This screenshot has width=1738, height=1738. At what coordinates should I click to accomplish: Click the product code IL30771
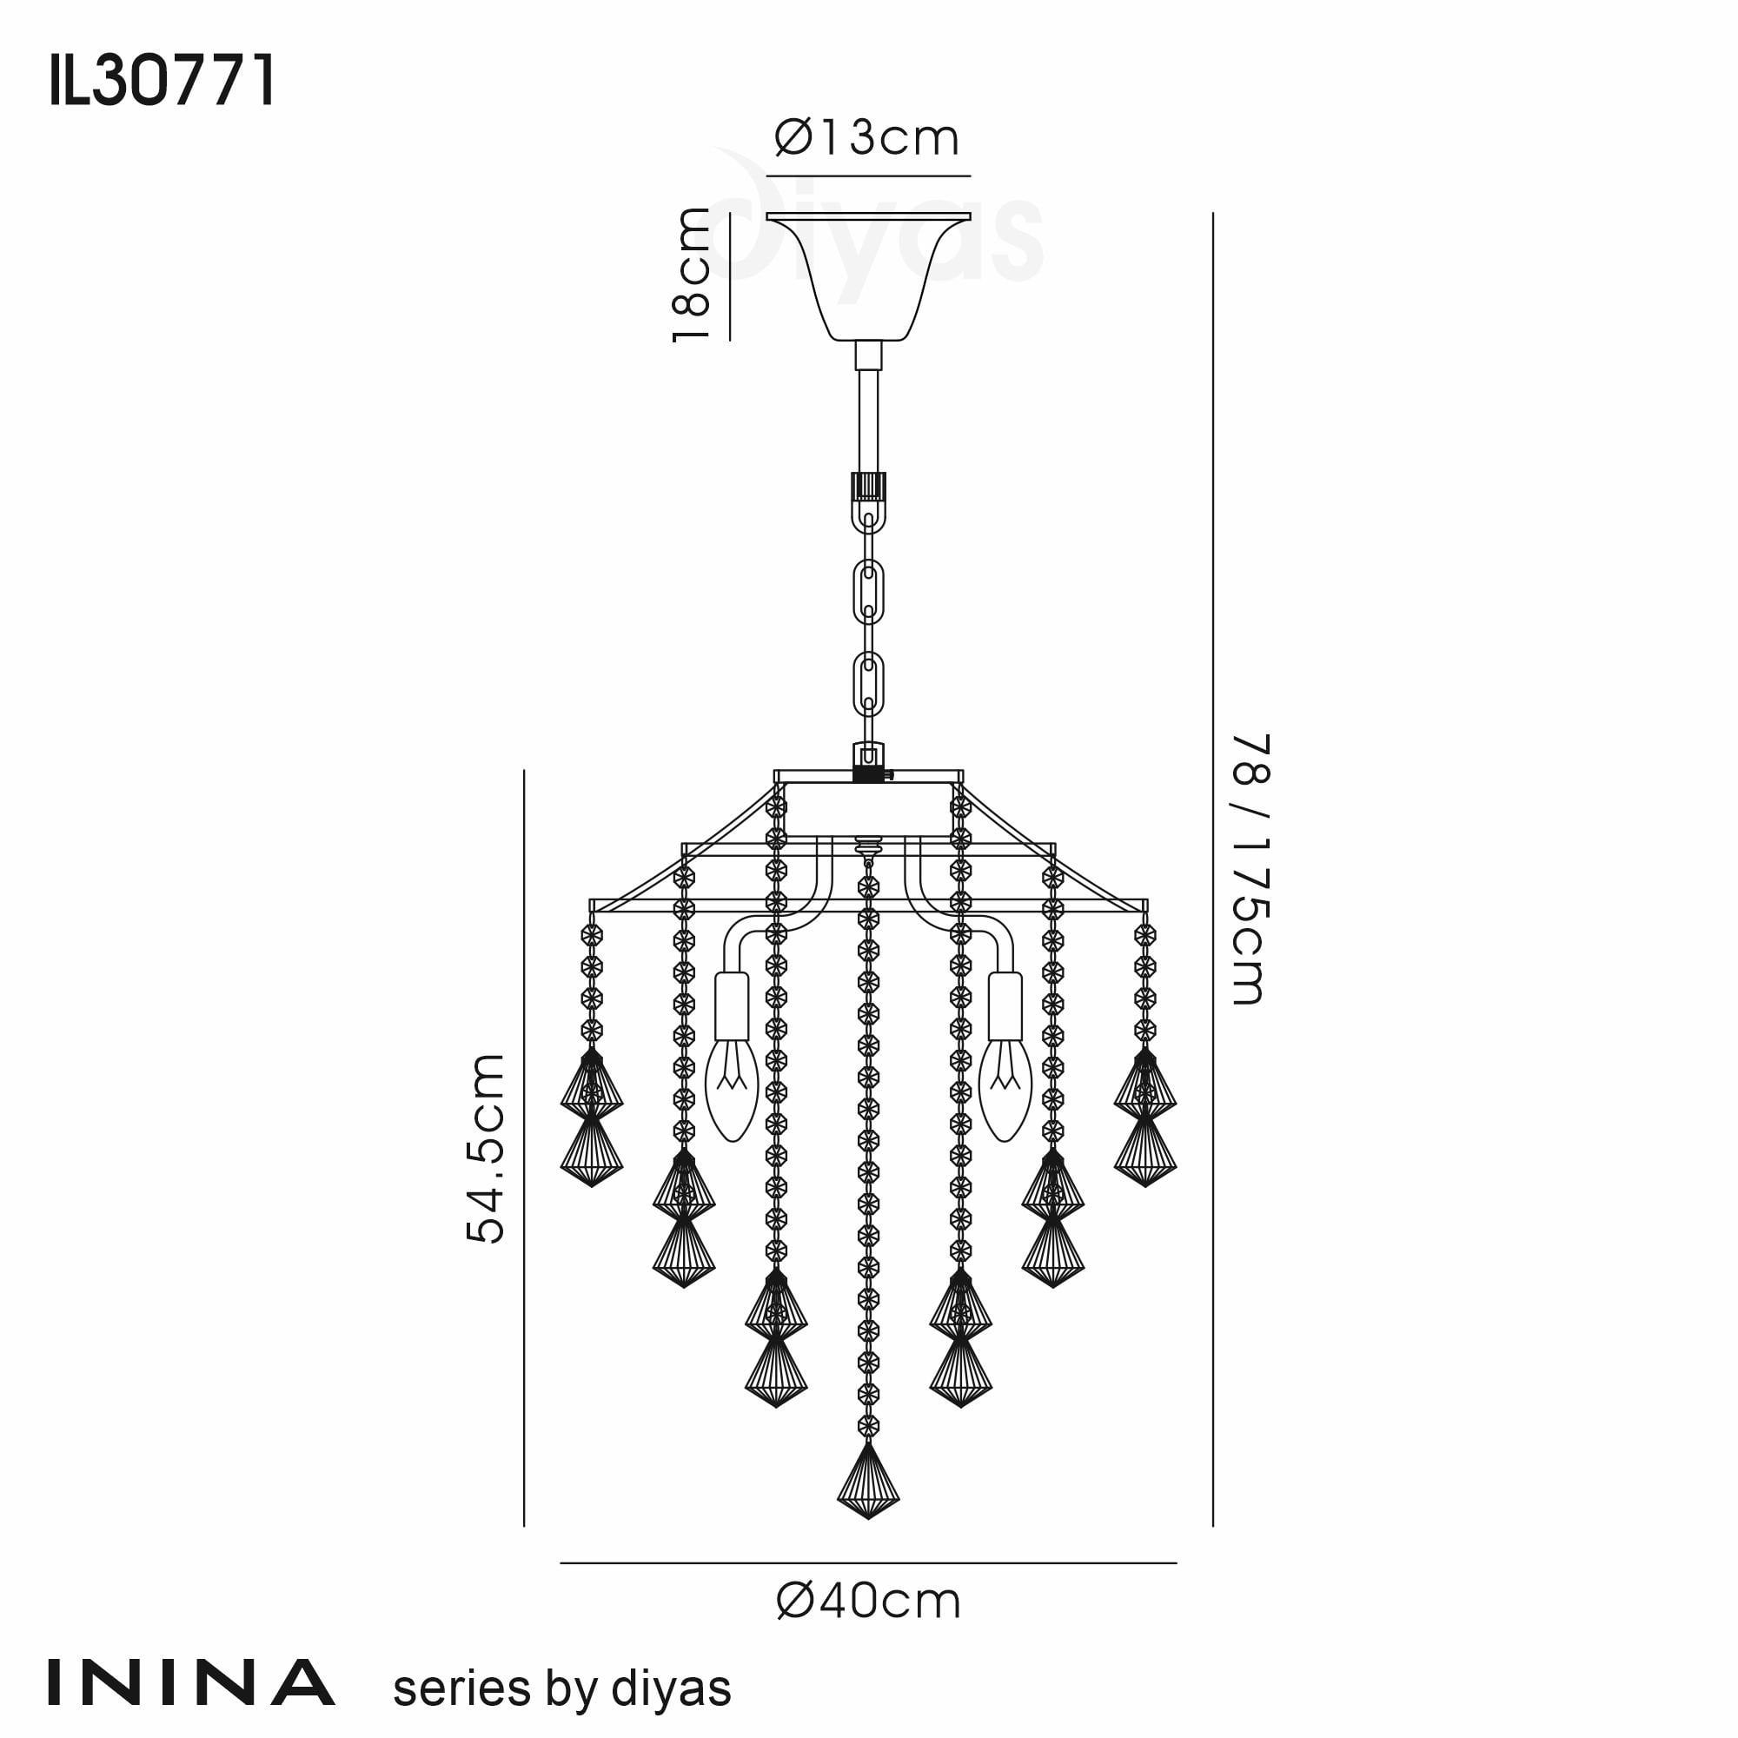tap(162, 81)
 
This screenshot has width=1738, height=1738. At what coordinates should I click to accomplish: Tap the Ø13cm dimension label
tap(866, 137)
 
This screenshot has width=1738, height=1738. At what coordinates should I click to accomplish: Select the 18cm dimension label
tap(692, 275)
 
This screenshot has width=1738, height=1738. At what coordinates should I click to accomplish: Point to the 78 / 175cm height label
tap(1250, 869)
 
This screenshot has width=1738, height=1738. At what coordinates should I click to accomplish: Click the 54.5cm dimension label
tap(486, 1149)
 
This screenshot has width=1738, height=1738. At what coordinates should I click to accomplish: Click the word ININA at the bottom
tap(190, 1683)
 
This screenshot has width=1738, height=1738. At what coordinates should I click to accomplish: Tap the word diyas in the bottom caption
tap(671, 1688)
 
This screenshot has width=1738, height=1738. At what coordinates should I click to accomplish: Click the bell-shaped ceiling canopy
tap(868, 275)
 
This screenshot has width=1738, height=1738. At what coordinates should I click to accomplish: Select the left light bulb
tap(732, 1090)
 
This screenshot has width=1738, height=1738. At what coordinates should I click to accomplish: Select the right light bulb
tap(1005, 1090)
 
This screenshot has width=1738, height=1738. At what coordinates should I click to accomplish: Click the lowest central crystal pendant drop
tap(868, 1481)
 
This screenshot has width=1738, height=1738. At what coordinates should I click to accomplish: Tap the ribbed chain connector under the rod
tap(868, 487)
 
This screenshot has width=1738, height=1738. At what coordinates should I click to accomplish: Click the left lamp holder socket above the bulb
tap(732, 1005)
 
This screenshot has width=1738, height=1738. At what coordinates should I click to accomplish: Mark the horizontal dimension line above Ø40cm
tap(868, 1563)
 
